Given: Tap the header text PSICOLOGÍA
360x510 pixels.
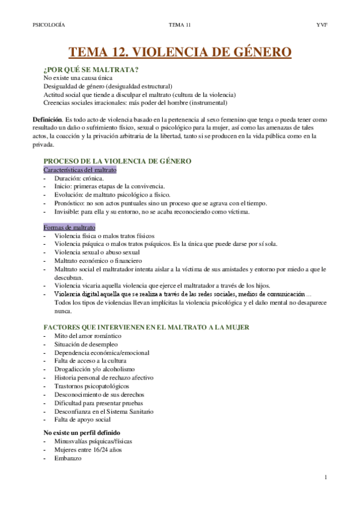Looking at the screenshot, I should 49,25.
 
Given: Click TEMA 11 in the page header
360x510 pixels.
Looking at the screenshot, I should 180,25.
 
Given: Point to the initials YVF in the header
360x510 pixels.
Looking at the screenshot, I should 321,25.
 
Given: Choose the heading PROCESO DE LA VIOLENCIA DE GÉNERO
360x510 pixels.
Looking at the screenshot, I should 118,161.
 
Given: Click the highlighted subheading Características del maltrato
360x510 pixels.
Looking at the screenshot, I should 80,170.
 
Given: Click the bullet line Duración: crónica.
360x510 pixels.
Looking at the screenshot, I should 79,179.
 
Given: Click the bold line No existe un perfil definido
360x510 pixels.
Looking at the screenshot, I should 82,432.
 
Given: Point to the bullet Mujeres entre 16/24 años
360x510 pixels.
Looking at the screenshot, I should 88,449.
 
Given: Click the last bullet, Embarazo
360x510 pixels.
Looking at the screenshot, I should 68,458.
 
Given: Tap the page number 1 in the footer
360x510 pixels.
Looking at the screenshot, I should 325,477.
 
